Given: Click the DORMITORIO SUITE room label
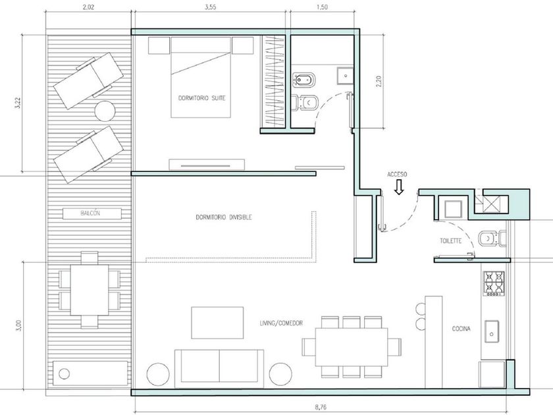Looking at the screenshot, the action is [x=201, y=98].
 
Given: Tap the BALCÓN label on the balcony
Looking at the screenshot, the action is [x=90, y=213].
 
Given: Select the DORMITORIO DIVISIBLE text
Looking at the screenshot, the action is [x=224, y=217].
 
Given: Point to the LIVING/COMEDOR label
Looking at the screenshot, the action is [x=281, y=323].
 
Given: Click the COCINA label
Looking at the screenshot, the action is [x=461, y=329].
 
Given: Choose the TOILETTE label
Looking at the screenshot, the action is [x=451, y=241].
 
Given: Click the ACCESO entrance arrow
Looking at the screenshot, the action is [x=399, y=187].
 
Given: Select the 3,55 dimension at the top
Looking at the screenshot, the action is [x=210, y=7].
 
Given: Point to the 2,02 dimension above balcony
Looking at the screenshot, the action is [x=88, y=7].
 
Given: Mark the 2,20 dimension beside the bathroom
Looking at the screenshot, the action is [x=379, y=82].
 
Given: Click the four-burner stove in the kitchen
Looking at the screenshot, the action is [x=494, y=283].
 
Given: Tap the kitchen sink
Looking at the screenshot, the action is [x=492, y=332].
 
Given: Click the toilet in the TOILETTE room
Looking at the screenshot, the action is [x=492, y=238].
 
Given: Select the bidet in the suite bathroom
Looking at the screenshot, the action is [x=304, y=80].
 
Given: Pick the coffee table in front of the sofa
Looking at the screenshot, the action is [x=217, y=323].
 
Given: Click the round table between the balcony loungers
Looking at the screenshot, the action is [x=105, y=111].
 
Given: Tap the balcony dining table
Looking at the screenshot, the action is [x=90, y=290].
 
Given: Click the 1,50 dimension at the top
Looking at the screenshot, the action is [x=322, y=7].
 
